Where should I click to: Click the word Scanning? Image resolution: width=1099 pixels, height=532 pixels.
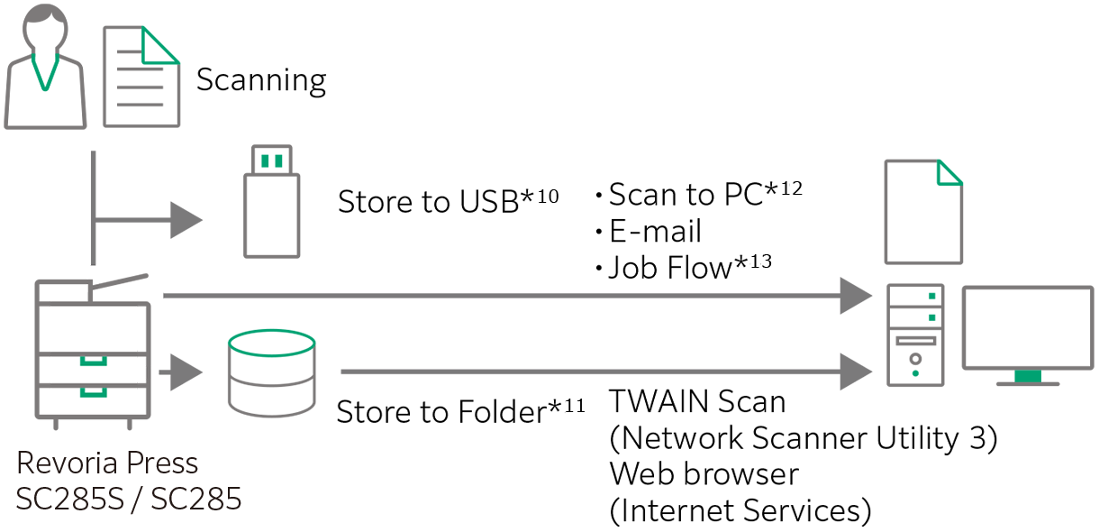pos(261,80)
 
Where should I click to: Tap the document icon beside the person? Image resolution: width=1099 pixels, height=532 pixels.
pos(141,76)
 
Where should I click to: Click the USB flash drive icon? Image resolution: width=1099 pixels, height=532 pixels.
pos(271,202)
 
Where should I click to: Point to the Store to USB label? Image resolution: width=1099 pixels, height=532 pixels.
pos(448,201)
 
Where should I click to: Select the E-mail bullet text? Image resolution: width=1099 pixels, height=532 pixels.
pos(655,231)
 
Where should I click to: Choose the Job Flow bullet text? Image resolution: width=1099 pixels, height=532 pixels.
pos(689,268)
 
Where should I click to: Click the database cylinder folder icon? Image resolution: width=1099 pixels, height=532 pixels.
pos(271,371)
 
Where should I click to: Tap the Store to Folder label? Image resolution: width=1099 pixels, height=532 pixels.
pos(459,411)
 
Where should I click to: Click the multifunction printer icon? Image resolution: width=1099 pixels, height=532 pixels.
pos(92,352)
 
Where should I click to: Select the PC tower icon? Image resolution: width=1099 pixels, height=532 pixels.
pos(915,334)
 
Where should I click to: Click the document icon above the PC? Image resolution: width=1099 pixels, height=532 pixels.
pos(922,212)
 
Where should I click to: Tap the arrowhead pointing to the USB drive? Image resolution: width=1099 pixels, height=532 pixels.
pos(186,220)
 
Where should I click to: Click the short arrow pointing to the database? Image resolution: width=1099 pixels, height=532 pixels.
pos(182,371)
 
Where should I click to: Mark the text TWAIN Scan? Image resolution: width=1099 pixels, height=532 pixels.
pos(697,401)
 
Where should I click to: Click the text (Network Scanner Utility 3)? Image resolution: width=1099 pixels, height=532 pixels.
pos(803,438)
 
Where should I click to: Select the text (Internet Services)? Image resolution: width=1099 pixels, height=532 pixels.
pos(740,511)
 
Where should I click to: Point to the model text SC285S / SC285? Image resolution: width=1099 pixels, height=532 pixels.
pos(129,499)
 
